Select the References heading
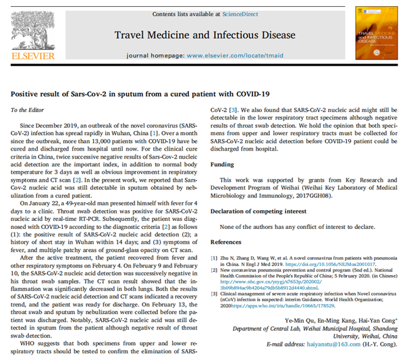click(x=227, y=240)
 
